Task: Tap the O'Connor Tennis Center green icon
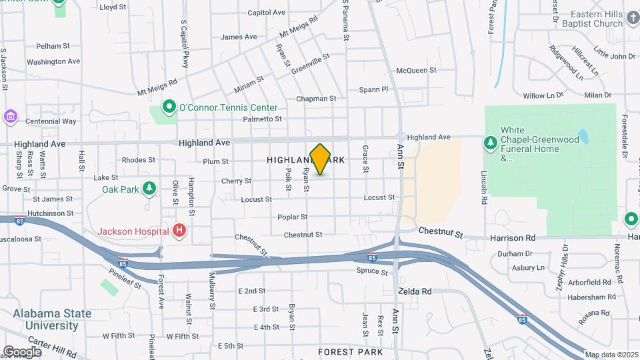(x=169, y=107)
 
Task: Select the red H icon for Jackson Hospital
(x=179, y=231)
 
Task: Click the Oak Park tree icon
(x=149, y=189)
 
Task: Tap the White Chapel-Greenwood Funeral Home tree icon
(x=490, y=143)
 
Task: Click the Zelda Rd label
(x=415, y=291)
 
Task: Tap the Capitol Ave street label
(x=266, y=12)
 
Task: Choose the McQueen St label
(x=416, y=70)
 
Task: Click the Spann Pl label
(x=373, y=89)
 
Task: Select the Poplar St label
(x=293, y=217)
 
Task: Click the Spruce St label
(x=371, y=271)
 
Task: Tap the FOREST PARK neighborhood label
(x=350, y=351)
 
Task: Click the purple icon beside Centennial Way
(x=10, y=117)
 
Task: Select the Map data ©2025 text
(x=611, y=355)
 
